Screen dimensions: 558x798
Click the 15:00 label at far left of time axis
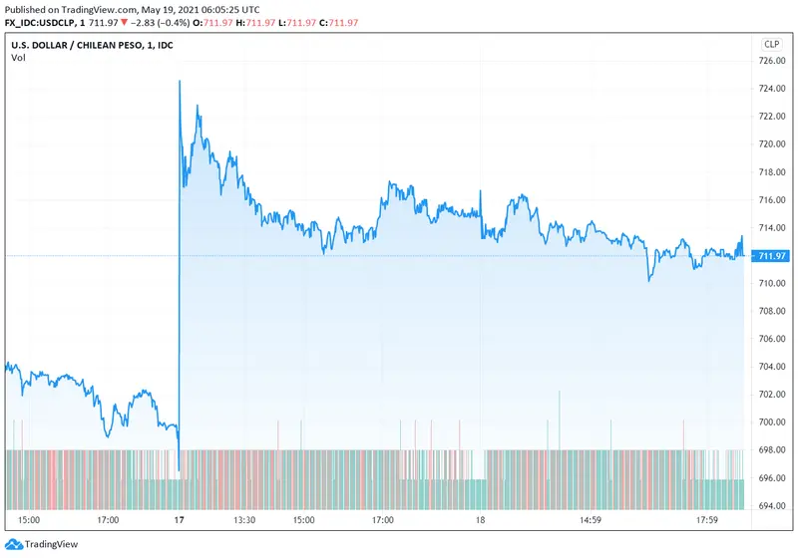(29, 520)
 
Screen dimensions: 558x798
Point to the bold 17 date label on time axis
(179, 520)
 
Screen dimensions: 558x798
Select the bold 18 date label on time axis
(480, 520)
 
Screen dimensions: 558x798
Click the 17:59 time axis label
(708, 520)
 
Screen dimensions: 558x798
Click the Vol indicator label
(18, 58)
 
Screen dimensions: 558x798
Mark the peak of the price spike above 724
(180, 81)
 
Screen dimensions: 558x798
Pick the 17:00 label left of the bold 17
(108, 520)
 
